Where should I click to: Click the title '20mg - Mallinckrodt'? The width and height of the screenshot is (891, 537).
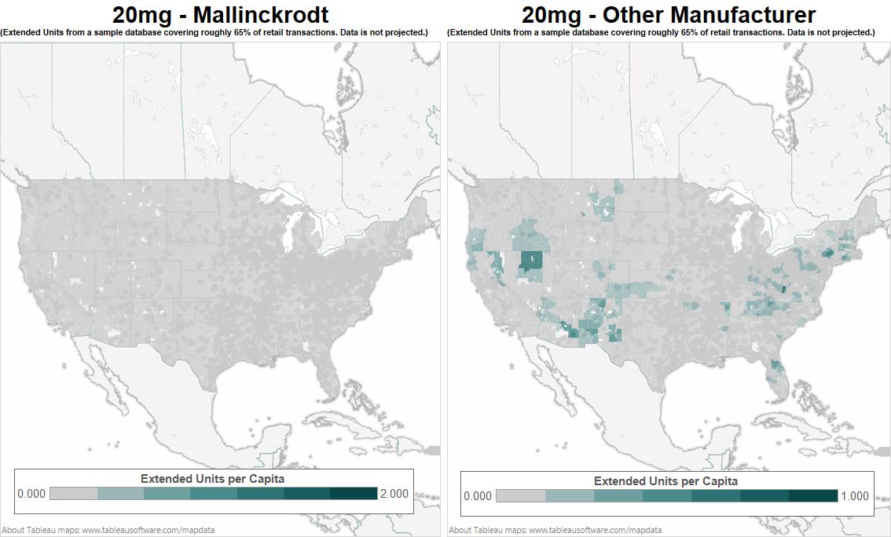click(220, 14)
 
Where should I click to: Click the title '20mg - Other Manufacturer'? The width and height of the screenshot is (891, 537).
click(669, 14)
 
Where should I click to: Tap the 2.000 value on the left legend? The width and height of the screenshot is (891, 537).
click(394, 494)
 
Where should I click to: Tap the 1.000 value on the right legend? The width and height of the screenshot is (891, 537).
click(854, 496)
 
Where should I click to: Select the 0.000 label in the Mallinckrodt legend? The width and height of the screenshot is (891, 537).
click(31, 494)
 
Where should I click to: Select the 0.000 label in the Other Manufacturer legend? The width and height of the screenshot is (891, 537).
click(478, 496)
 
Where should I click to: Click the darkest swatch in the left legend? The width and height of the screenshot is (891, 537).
click(354, 494)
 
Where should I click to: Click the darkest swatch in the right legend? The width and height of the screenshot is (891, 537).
click(813, 496)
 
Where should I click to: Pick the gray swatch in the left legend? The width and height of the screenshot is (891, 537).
click(73, 494)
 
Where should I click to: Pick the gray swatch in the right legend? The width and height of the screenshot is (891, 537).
click(520, 496)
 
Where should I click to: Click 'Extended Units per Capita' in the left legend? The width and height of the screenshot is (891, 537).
click(212, 478)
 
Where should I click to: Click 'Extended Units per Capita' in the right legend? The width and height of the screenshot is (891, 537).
click(665, 481)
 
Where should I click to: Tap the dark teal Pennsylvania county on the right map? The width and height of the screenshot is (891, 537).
click(827, 254)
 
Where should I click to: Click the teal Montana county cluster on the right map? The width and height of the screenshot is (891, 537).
click(605, 206)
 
